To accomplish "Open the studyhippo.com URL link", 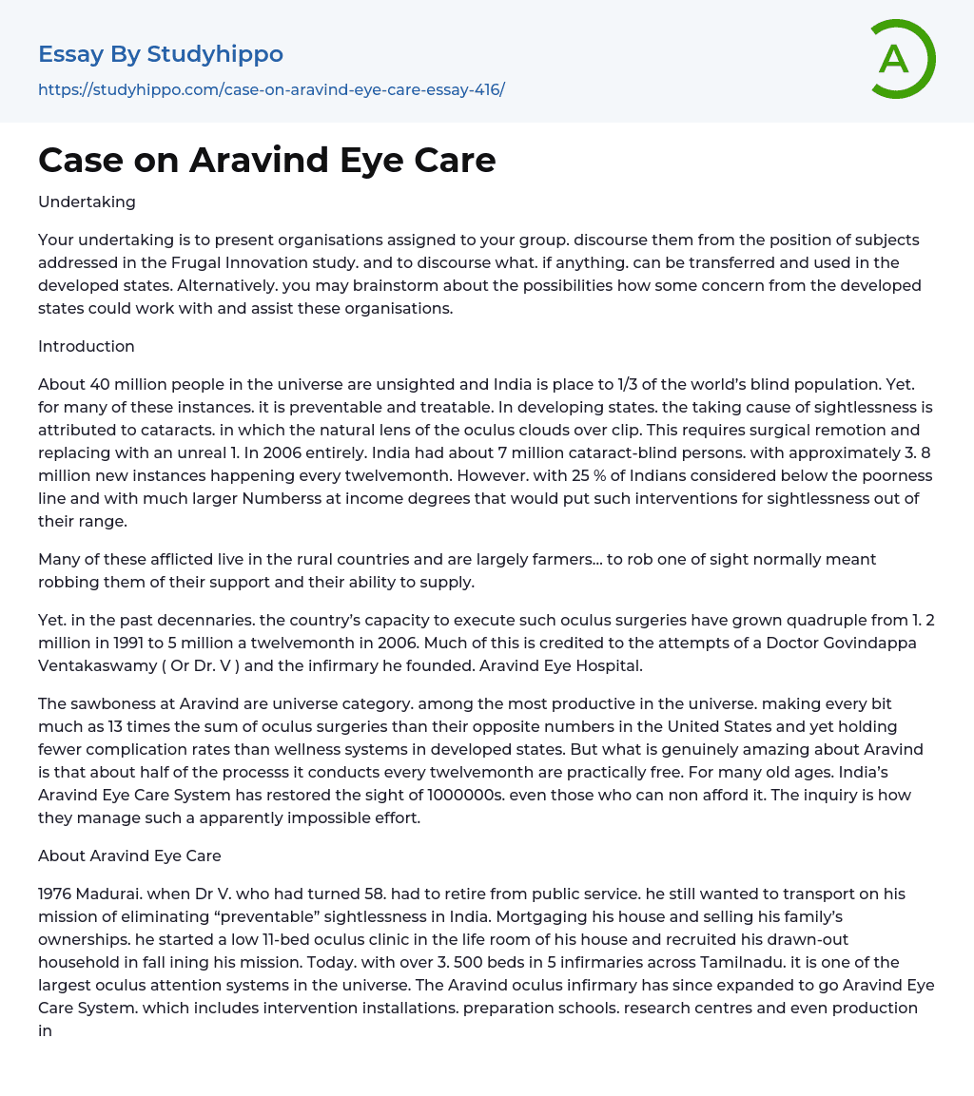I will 271,89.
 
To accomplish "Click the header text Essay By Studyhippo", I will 161,54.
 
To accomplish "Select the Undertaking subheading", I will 87,202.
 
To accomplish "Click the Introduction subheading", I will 87,346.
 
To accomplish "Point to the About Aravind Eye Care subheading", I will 129,856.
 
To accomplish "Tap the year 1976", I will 56,894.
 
